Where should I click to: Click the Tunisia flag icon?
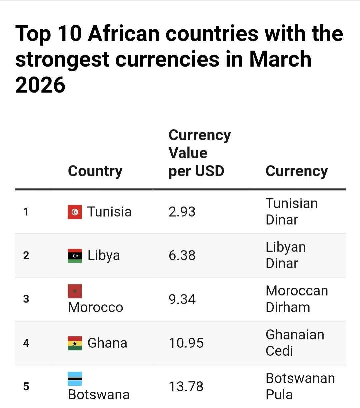[75, 212]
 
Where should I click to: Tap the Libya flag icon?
[75, 255]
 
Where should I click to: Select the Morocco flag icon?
[75, 291]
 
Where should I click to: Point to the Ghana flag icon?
[75, 343]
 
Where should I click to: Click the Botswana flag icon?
[75, 379]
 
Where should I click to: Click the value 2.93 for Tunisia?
[182, 212]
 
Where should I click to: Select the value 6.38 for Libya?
[182, 255]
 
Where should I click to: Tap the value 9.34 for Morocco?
[182, 299]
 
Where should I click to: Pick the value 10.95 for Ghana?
[186, 343]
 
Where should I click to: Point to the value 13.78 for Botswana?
[186, 387]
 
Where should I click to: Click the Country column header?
[95, 171]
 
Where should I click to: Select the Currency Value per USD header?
[199, 153]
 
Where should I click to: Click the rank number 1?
[26, 212]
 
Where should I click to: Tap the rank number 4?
[26, 343]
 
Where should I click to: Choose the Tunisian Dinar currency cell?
[291, 211]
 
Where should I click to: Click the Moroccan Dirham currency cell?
[297, 299]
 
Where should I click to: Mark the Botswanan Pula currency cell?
[300, 386]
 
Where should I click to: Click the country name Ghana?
[107, 343]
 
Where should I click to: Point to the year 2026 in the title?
[40, 85]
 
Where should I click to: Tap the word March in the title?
[280, 59]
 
